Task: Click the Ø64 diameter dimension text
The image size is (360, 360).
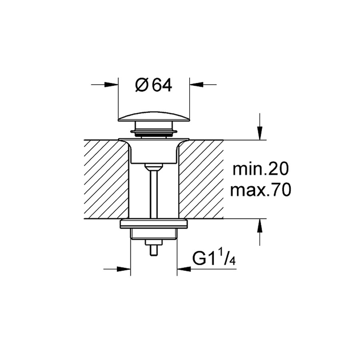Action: [154, 85]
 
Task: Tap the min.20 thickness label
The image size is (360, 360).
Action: [260, 169]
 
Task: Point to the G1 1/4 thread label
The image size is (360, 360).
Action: [214, 258]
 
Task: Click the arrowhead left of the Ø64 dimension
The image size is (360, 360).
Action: [111, 84]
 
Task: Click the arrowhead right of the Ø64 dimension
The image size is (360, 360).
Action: [197, 84]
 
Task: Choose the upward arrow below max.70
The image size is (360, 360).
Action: [260, 226]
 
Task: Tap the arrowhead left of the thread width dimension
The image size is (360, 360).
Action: [124, 269]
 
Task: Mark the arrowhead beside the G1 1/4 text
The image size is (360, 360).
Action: [184, 269]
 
